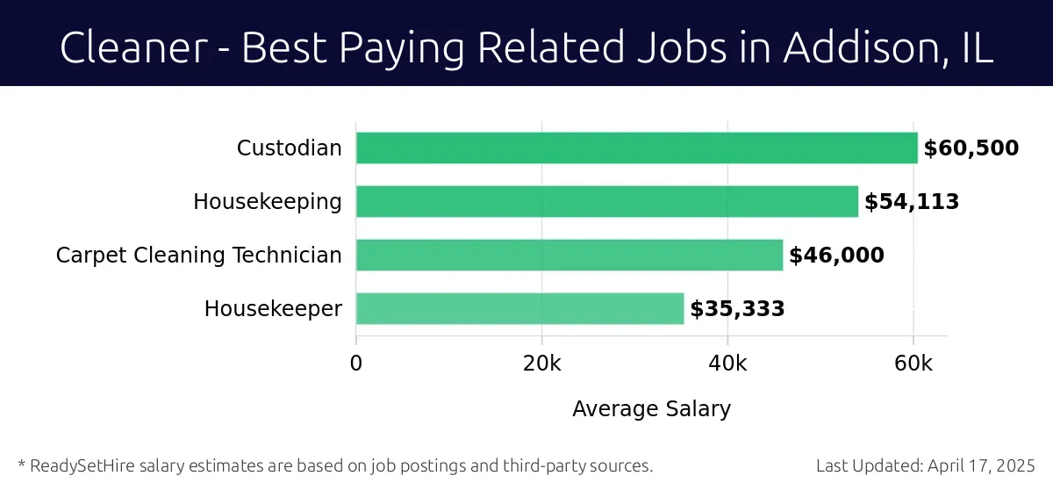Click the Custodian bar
click(x=636, y=148)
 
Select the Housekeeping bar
click(x=606, y=202)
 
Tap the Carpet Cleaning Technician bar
click(x=569, y=256)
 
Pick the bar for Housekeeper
click(x=519, y=309)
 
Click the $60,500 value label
click(x=971, y=148)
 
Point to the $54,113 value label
click(x=911, y=202)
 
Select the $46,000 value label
click(x=836, y=256)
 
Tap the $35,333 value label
click(x=737, y=309)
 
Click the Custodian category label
click(x=289, y=148)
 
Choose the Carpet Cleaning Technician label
click(x=198, y=256)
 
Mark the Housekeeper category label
click(x=273, y=309)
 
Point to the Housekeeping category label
click(x=268, y=202)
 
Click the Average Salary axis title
click(x=651, y=409)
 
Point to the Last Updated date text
click(x=926, y=465)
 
